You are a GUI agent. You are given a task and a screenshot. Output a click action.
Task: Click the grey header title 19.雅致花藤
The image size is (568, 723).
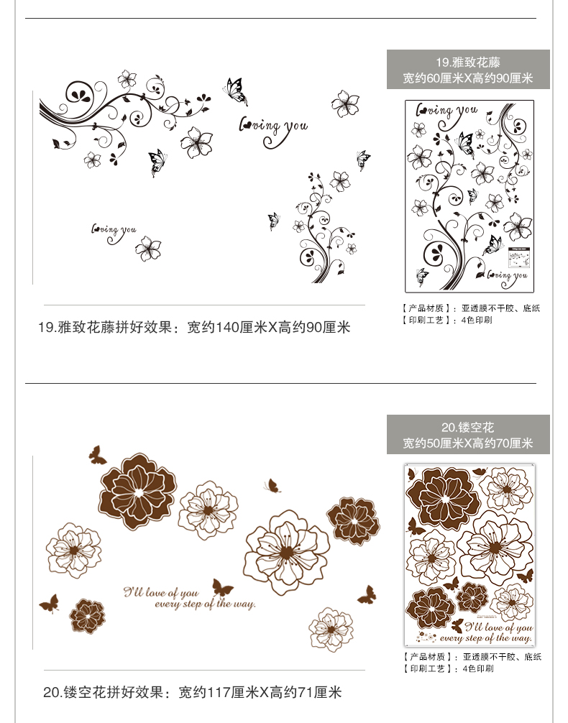[468, 63]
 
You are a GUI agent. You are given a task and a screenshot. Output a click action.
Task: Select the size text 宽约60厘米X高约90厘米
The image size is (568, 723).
[468, 78]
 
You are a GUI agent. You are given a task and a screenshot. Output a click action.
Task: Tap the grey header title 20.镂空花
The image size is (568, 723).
[468, 428]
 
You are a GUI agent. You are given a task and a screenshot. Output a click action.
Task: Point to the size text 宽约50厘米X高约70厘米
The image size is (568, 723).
[468, 443]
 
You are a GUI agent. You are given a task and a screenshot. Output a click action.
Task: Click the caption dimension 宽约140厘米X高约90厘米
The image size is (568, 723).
[269, 328]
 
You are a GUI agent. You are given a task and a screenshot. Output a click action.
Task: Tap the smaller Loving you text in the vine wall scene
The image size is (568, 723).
[113, 230]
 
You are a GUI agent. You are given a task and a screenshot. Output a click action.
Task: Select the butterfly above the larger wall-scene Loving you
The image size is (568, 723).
[235, 91]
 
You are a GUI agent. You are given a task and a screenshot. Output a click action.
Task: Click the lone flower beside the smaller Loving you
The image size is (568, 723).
[148, 248]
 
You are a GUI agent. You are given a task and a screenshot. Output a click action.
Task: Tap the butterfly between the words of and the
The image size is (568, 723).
[222, 588]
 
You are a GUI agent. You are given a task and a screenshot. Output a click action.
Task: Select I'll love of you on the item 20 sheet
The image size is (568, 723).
[487, 627]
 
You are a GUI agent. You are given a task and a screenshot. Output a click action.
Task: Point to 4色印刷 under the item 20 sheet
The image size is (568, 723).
[478, 668]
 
